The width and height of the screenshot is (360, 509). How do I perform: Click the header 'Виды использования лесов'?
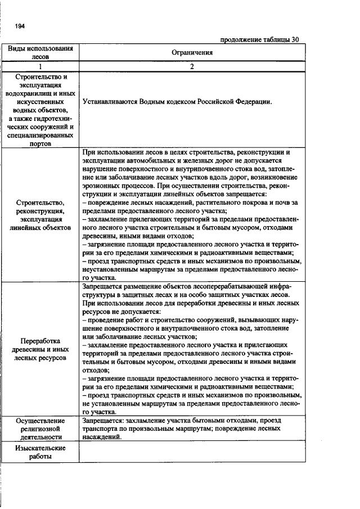[x=40, y=52]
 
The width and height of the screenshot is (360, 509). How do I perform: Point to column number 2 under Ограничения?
[x=192, y=66]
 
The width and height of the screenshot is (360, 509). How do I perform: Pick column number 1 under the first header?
[x=40, y=66]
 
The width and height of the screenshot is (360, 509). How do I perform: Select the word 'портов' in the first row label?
[x=40, y=143]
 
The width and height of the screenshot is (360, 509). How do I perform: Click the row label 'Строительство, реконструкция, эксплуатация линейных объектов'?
[x=40, y=214]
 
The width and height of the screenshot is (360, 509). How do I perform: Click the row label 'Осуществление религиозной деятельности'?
[x=40, y=428]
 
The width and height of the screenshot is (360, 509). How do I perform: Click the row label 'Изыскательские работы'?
[x=40, y=452]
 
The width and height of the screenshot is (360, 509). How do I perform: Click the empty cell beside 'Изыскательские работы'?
[x=192, y=452]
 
